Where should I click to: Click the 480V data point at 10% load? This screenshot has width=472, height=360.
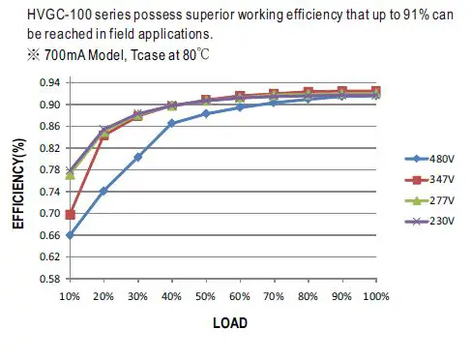coord(69,234)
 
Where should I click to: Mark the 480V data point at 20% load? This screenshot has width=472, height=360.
coord(103,191)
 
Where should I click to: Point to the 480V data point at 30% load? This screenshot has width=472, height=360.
coord(137,156)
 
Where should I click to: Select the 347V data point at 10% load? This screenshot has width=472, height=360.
coord(69,214)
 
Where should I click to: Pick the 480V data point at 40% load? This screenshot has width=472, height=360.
coord(171,123)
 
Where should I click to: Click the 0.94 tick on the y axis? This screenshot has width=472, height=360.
coord(47,82)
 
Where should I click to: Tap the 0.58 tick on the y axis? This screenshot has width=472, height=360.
coord(47,279)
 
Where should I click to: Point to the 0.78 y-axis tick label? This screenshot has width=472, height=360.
coord(47,169)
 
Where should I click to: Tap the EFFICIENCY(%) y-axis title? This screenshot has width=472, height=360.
coord(17,181)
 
